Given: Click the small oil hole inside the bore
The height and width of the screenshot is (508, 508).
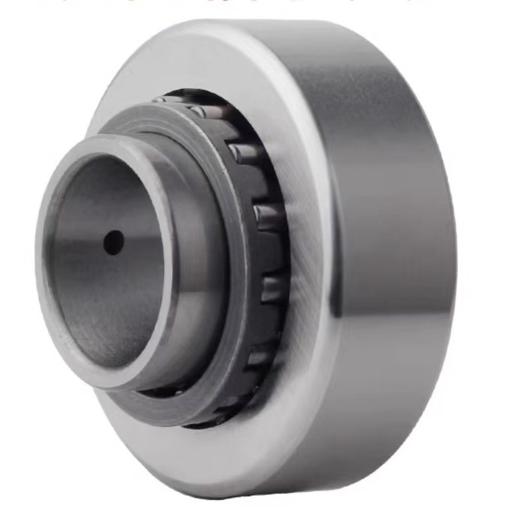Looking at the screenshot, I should (113, 242).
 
